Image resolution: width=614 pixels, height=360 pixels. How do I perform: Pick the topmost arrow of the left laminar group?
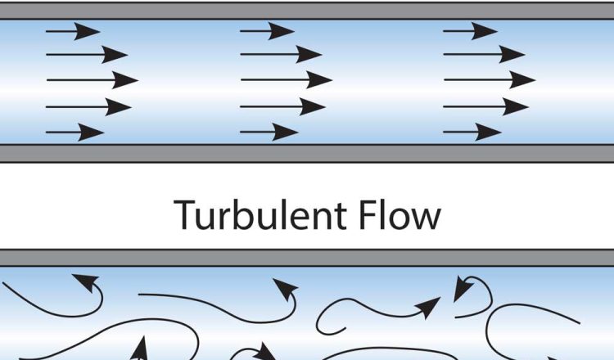(x=73, y=32)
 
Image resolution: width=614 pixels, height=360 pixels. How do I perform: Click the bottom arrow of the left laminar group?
(x=74, y=132)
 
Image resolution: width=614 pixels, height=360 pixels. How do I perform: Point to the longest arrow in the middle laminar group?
(x=286, y=80)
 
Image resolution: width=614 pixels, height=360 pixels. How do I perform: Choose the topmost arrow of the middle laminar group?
(x=267, y=32)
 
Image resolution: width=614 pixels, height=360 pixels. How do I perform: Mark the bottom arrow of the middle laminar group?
(x=269, y=132)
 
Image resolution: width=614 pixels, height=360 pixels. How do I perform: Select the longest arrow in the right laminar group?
(x=489, y=80)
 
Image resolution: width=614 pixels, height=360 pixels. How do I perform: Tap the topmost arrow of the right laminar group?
(x=470, y=32)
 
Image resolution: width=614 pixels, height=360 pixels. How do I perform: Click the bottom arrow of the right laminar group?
(x=472, y=132)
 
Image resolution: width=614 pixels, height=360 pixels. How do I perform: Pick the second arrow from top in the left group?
(x=87, y=56)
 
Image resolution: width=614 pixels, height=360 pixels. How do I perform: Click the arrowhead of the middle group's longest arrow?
(x=321, y=80)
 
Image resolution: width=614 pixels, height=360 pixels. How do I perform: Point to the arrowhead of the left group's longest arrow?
(x=127, y=81)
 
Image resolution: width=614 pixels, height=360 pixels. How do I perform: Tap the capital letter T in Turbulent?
(x=186, y=215)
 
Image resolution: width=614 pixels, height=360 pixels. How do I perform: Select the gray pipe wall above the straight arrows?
(x=307, y=10)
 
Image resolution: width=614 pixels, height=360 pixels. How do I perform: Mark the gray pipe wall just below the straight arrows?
(x=307, y=153)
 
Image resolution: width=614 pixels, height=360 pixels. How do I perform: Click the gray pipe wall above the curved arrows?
(x=307, y=258)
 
